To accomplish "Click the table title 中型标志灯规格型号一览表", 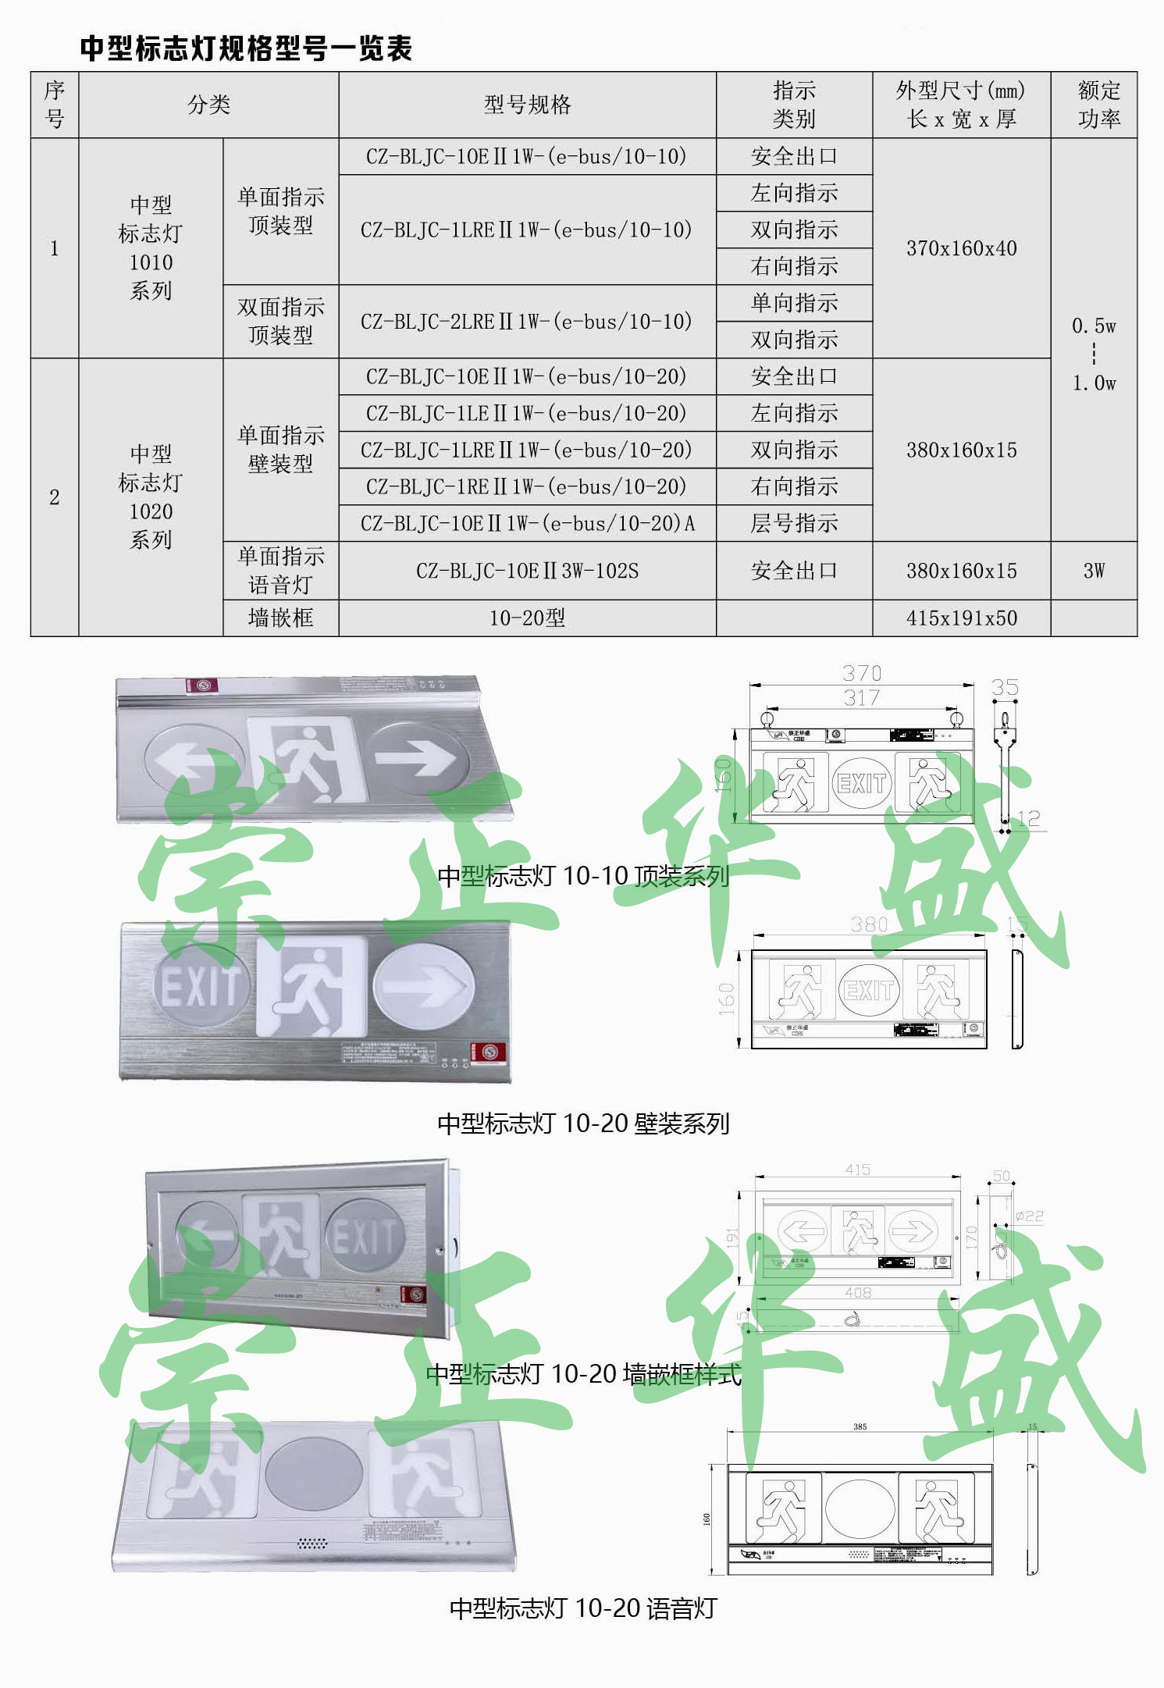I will pos(246,48).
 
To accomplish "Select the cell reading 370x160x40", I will pos(961,248).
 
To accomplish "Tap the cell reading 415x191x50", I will pos(961,618).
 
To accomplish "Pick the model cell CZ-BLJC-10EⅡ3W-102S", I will pos(527,571).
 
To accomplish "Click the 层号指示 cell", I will pos(794,523).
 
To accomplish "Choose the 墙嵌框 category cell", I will pos(280,618).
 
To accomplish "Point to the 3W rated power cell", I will pos(1093,571).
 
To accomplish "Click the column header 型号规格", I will pos(527,105).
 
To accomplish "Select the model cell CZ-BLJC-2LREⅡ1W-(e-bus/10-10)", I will pos(526,322).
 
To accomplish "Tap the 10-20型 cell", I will pos(527,618).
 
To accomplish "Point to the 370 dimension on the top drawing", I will pos(862,673).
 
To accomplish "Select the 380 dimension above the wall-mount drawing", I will pos(869,924).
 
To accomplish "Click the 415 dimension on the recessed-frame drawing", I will pos(857,1170).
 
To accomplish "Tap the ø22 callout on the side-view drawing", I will pos(1029,1216).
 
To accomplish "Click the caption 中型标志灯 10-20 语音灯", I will pos(582,1608).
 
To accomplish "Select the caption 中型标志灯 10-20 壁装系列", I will pos(582,1124).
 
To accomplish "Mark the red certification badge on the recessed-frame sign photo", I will pos(413,1294).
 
